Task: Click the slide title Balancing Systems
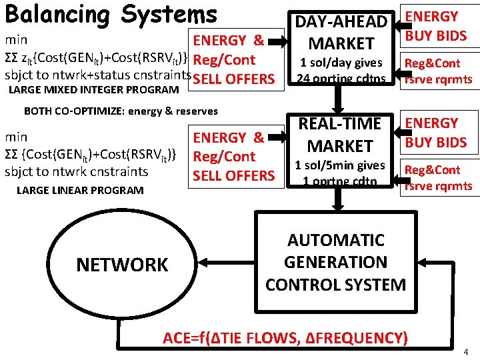click(111, 14)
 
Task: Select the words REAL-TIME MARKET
click(339, 134)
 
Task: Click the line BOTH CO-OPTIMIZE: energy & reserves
click(121, 111)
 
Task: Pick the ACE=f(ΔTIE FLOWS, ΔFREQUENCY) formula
click(285, 337)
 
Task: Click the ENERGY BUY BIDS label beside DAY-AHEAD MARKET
click(437, 26)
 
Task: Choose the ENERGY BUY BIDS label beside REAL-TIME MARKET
click(437, 133)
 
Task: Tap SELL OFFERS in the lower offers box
click(233, 176)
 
